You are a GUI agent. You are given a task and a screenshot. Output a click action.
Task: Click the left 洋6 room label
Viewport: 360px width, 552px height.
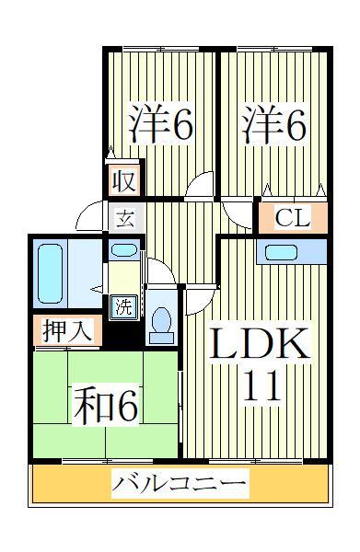pyautogui.click(x=160, y=127)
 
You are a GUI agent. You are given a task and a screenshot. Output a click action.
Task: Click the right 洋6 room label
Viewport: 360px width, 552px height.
pyautogui.click(x=273, y=127)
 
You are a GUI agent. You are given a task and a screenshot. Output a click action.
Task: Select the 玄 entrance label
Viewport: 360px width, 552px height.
pyautogui.click(x=123, y=219)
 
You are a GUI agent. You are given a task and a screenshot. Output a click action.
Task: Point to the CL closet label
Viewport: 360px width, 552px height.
pyautogui.click(x=292, y=219)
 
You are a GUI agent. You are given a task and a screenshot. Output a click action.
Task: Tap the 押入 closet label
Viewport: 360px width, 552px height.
pyautogui.click(x=67, y=331)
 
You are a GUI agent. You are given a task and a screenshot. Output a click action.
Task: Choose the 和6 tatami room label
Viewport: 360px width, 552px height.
pyautogui.click(x=103, y=406)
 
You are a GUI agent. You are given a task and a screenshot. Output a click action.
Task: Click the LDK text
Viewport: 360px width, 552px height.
pyautogui.click(x=261, y=348)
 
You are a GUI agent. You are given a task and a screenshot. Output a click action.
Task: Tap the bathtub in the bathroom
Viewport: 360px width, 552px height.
pyautogui.click(x=51, y=273)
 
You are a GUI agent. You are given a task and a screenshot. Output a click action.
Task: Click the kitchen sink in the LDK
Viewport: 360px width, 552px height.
pyautogui.click(x=293, y=252)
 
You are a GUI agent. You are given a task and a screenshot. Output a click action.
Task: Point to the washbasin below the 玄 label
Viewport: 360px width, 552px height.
pyautogui.click(x=122, y=250)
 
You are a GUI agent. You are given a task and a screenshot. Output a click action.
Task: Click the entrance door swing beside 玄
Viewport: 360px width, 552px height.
pyautogui.click(x=91, y=216)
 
